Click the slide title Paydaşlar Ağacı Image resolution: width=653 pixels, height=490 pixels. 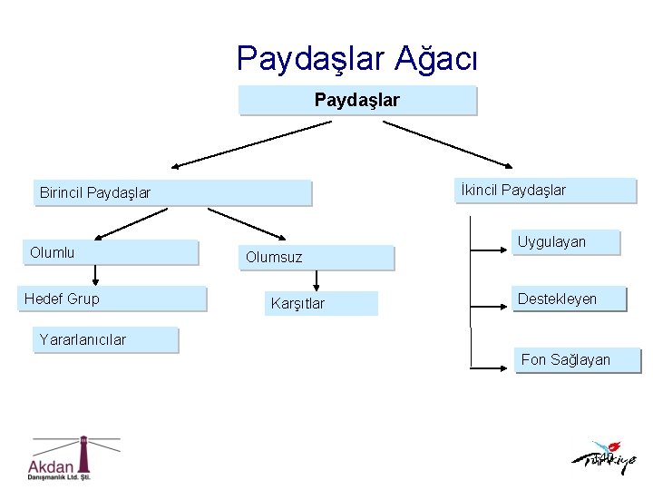[356, 59]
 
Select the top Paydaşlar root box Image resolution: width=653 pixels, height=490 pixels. [357, 100]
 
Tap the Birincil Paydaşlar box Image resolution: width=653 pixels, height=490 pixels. [172, 192]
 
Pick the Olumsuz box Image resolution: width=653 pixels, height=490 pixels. [317, 258]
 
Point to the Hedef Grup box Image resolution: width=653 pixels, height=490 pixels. [112, 299]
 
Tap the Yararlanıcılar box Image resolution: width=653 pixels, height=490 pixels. [107, 339]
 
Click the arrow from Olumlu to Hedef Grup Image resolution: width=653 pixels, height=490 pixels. [96, 276]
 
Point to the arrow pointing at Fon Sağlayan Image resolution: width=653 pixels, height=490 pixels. [494, 367]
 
